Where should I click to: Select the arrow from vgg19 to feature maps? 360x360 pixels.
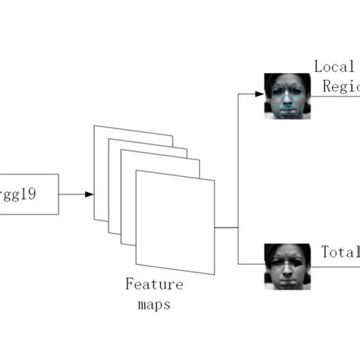click(76, 194)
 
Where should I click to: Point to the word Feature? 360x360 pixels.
click(154, 285)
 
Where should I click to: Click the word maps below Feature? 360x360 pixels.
click(154, 305)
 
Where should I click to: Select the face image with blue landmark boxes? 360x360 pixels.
click(287, 96)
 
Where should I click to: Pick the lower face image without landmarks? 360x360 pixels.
click(287, 266)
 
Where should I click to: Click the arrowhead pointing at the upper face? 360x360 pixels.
click(259, 94)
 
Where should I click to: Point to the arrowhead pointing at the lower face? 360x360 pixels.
click(259, 264)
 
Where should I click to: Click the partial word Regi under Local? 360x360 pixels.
click(341, 87)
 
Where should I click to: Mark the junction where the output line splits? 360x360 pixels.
click(238, 227)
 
